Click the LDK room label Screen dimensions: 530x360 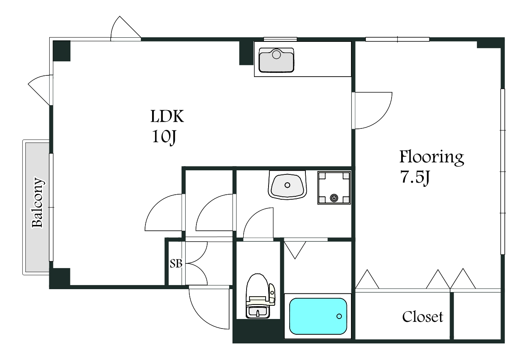coord(167,116)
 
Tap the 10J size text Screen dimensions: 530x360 coord(164,137)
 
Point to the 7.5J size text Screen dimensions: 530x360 coord(414,177)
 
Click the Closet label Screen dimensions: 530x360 coord(422,317)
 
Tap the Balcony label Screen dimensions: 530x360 coord(38,203)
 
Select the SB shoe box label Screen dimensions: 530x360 coord(176,263)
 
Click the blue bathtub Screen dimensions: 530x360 coord(318,316)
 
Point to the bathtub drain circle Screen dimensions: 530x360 coord(339,316)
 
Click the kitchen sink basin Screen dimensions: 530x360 coord(276,60)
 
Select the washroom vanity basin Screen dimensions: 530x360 coord(287,185)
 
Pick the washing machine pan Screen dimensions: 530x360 coord(334,188)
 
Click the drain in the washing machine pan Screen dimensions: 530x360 coord(334,198)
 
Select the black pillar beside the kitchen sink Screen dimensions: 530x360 coord(246,53)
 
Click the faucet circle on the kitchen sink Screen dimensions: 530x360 coord(276,55)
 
